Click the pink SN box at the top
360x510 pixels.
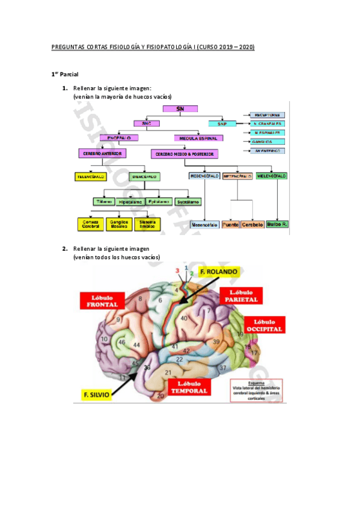(180, 109)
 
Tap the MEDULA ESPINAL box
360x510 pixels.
(198, 138)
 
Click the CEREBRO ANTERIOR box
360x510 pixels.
(102, 153)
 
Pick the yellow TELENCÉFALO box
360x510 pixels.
(91, 177)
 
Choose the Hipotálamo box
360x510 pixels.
(130, 202)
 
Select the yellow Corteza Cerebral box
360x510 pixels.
(90, 224)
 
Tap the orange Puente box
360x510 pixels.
(230, 224)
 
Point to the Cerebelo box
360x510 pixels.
(253, 224)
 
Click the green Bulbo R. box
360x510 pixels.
(277, 224)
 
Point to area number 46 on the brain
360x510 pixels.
(122, 342)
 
